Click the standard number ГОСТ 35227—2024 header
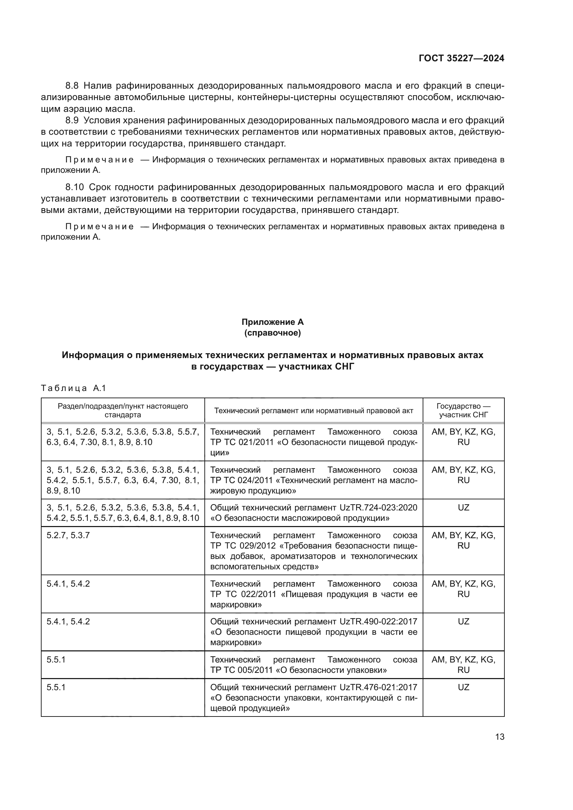pyautogui.click(x=461, y=58)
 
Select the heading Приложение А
pyautogui.click(x=272, y=322)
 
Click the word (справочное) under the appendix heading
pyautogui.click(x=272, y=333)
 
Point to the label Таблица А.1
pyautogui.click(x=73, y=388)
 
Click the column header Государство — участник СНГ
pyautogui.click(x=463, y=410)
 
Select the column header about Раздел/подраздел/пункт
pyautogui.click(x=123, y=410)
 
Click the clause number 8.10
pyautogui.click(x=74, y=187)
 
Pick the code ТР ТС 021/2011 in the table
pyautogui.click(x=242, y=442)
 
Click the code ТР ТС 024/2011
pyautogui.click(x=242, y=480)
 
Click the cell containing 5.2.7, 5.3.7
pyautogui.click(x=68, y=535)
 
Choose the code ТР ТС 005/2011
pyautogui.click(x=242, y=670)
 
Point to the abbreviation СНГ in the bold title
pyautogui.click(x=344, y=366)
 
